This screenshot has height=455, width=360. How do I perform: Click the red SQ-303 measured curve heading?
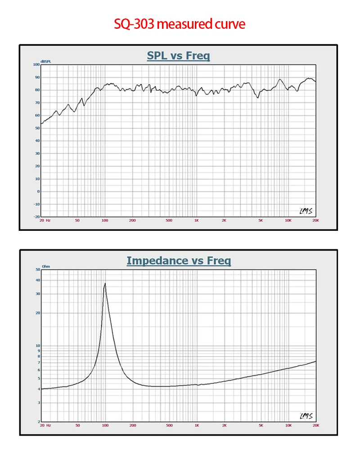pos(180,23)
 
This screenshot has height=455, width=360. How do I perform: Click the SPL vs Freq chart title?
pos(178,56)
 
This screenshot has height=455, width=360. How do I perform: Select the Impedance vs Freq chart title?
pos(179,261)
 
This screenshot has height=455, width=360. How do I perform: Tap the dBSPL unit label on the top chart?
pos(46,61)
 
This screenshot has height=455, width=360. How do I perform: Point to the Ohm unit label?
pos(46,266)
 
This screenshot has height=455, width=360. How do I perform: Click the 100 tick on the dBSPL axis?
pos(36,64)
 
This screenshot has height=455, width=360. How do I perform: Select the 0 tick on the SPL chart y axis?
pos(38,191)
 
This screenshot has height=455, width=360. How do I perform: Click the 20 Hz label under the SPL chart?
pos(45,221)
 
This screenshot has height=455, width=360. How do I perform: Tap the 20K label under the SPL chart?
pos(315,221)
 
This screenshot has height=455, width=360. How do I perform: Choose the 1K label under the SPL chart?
pos(197,221)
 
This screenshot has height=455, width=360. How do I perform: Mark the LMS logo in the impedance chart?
pos(306,415)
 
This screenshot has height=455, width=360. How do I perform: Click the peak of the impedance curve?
pos(105,284)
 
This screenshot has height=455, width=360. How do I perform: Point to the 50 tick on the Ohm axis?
pos(37,270)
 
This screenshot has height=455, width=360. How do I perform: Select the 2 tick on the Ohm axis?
pos(38,422)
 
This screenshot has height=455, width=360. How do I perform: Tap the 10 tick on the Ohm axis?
pos(37,346)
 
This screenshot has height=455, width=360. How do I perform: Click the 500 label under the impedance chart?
pos(169,425)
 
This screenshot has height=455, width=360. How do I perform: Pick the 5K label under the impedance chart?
pos(261,425)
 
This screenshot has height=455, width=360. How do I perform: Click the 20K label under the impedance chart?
pos(315,425)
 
